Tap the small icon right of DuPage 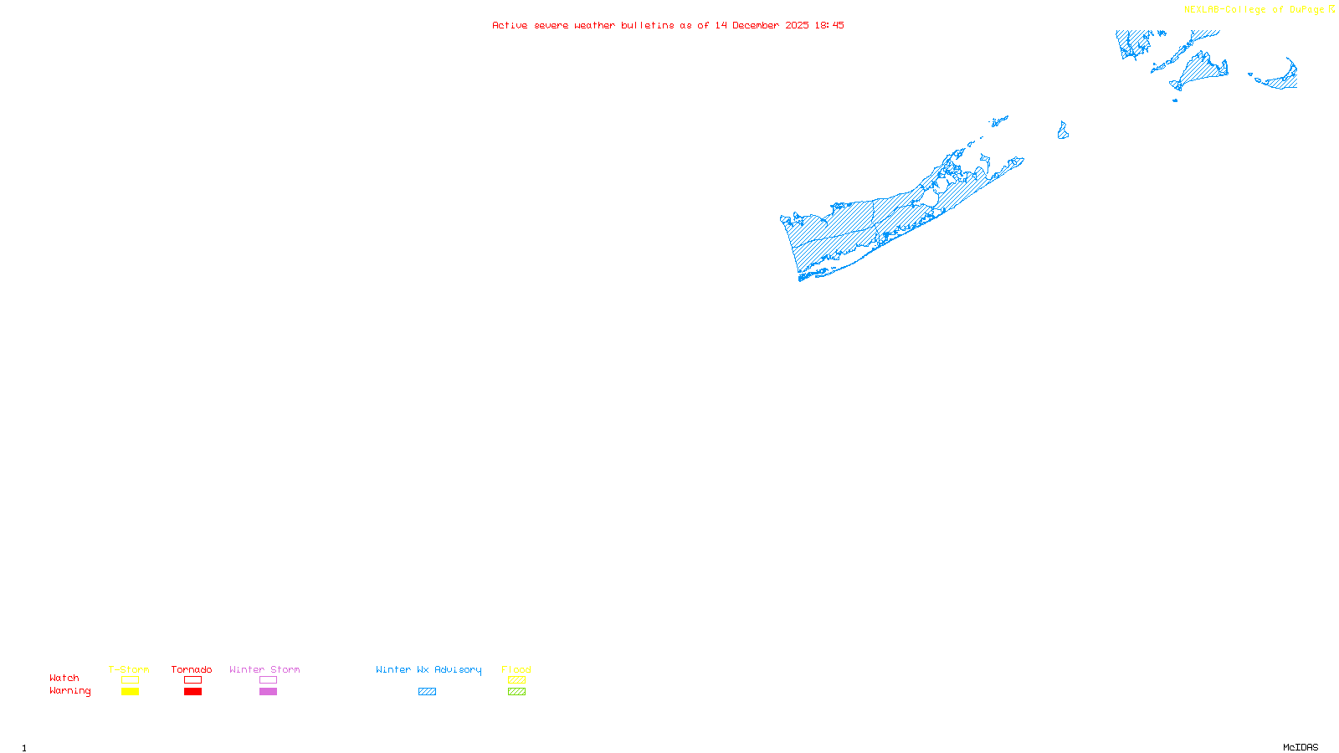pos(1331,9)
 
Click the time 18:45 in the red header pos(829,25)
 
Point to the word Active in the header pos(510,25)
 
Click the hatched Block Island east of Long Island pos(1063,131)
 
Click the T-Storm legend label pos(129,669)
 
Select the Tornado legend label pos(192,669)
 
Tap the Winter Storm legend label pos(264,669)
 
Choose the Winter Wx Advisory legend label pos(428,669)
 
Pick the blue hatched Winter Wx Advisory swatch pos(427,691)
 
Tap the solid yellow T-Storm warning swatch pos(130,691)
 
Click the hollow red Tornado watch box pos(192,680)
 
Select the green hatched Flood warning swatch pos(516,691)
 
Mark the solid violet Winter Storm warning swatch pos(268,691)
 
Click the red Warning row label pos(70,691)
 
